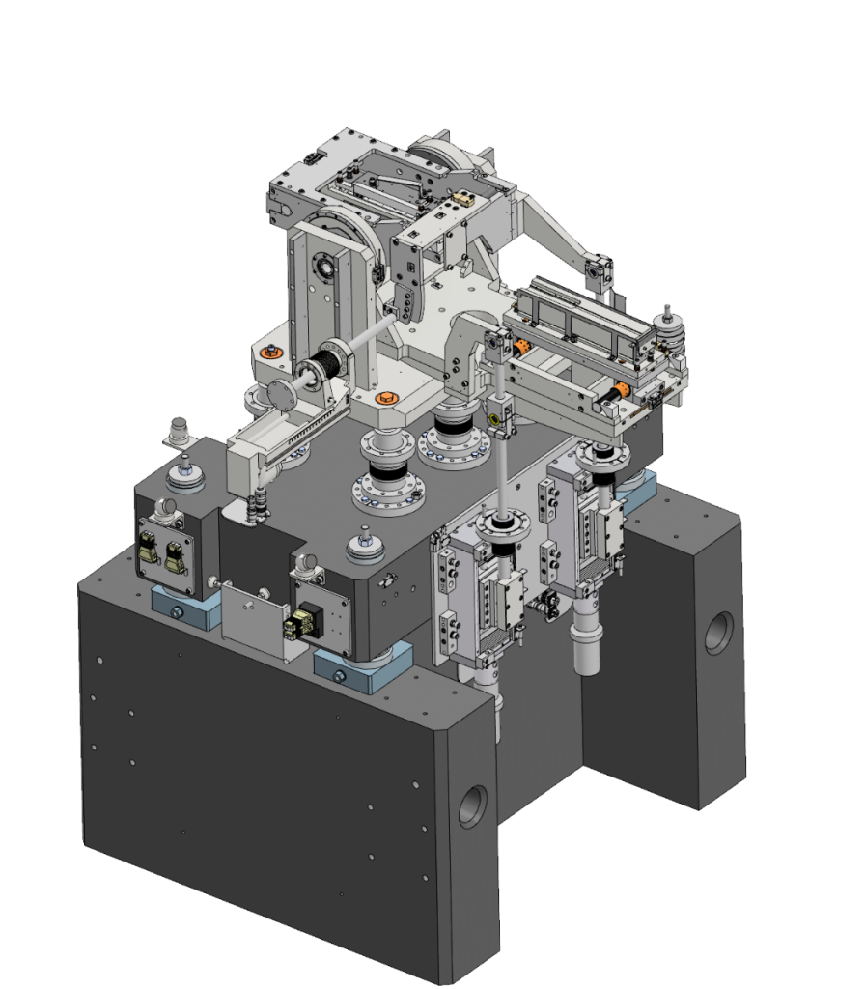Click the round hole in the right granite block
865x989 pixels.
(719, 633)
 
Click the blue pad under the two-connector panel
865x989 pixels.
(184, 612)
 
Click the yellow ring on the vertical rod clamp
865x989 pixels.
(495, 419)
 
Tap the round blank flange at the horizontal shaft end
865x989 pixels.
(281, 394)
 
